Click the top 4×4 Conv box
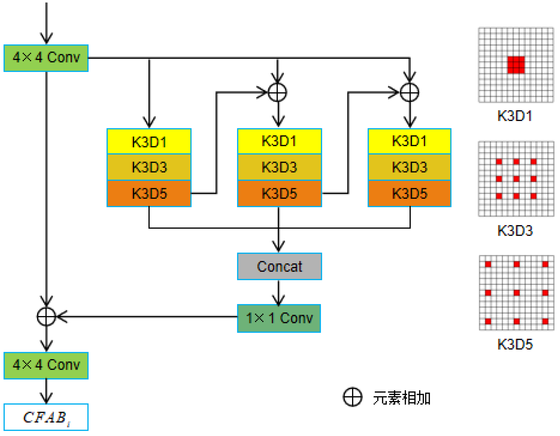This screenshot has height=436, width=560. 46,58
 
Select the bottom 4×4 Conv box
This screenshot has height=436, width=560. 46,365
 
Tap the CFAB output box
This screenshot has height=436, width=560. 46,417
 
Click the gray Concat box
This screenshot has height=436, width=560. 280,266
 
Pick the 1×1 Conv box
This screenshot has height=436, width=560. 279,318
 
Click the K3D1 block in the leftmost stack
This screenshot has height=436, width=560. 149,142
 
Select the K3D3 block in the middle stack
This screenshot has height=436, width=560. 280,167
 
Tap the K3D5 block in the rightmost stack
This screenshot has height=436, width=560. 410,194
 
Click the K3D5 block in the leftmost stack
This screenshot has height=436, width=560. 149,194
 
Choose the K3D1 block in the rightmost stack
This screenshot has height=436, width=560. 410,141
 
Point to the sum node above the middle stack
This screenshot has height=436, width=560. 277,92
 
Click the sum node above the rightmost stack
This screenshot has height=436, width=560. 410,92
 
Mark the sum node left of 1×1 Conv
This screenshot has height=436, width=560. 46,317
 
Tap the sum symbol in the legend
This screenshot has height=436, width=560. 353,397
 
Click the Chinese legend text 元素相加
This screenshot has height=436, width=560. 402,398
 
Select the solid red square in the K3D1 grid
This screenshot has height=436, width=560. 516,65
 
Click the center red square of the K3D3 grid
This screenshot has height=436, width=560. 516,179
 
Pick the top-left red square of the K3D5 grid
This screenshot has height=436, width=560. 488,264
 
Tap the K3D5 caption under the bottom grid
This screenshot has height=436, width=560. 515,344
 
